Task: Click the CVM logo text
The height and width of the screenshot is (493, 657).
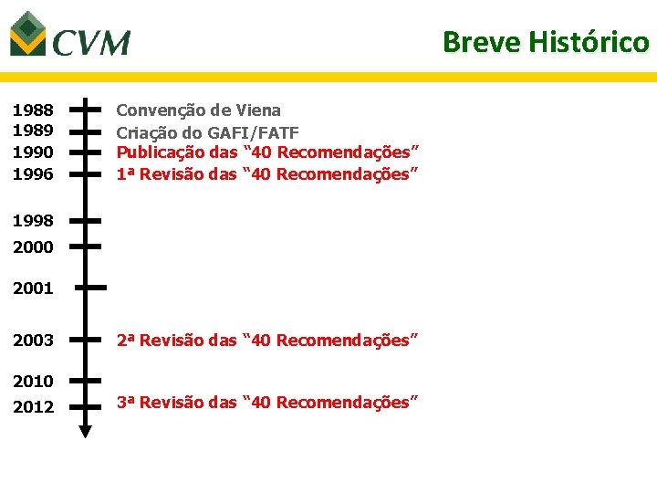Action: [91, 42]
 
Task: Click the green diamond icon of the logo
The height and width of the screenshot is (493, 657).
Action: [28, 33]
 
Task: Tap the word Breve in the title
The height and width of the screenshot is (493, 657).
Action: [480, 42]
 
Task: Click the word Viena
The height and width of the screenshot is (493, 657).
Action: [258, 110]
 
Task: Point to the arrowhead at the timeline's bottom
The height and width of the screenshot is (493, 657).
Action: [85, 431]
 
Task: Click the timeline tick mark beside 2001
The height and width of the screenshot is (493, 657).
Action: [90, 287]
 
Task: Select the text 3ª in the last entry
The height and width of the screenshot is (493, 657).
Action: [126, 403]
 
